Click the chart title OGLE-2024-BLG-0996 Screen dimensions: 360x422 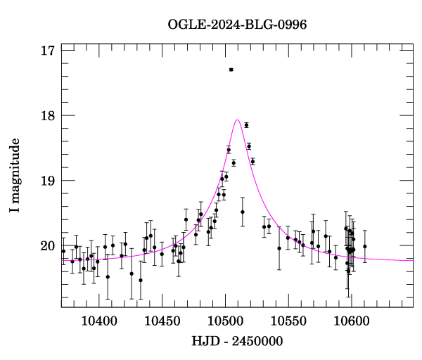pos(237,25)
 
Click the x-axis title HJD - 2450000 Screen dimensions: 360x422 pos(237,341)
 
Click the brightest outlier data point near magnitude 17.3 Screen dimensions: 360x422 pos(231,70)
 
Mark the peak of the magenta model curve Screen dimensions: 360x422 pos(238,120)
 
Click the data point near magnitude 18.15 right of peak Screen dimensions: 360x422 pos(246,125)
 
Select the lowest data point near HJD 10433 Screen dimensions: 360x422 pos(141,280)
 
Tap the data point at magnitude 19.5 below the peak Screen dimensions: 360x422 pos(242,212)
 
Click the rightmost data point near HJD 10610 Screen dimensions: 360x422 pos(364,246)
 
